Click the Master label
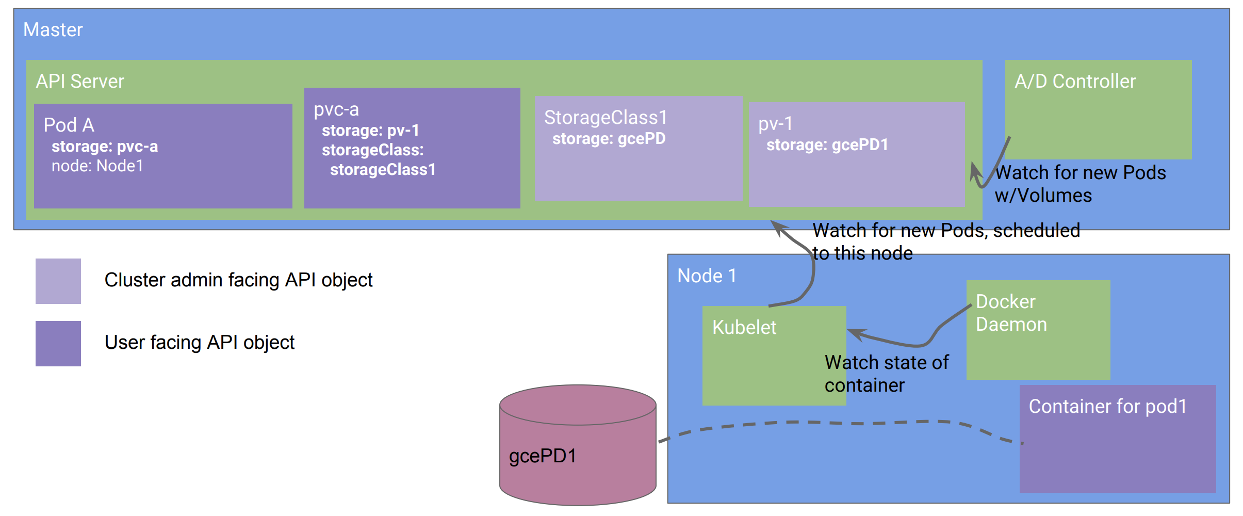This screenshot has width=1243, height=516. (53, 30)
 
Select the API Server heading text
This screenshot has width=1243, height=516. (80, 82)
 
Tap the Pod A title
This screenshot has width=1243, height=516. (69, 125)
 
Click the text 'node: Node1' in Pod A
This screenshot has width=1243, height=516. (97, 166)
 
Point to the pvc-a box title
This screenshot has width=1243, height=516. (336, 109)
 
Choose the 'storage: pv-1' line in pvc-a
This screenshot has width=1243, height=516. (370, 131)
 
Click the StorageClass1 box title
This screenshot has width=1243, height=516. (606, 118)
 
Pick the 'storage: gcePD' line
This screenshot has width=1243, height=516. (609, 139)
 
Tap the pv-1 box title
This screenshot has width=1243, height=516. (775, 124)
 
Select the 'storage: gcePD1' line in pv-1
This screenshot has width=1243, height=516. (827, 145)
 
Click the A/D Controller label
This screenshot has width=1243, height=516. (1075, 82)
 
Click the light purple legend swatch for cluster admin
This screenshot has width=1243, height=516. (58, 281)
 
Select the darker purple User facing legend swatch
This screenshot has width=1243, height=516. (58, 344)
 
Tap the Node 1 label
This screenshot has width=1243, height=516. (707, 276)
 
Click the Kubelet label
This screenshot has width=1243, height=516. (744, 328)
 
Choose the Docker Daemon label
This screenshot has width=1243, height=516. (1011, 313)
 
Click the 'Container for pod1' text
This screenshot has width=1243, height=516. (1107, 407)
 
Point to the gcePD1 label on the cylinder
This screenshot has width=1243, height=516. (543, 456)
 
